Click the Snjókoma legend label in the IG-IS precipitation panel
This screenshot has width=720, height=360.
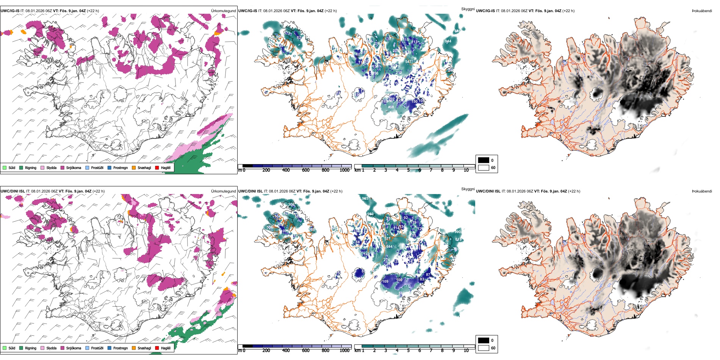(74, 168)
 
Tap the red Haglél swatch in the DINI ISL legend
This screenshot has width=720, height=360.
(157, 348)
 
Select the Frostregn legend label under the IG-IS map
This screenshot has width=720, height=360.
(120, 168)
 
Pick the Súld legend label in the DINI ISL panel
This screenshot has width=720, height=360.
(12, 348)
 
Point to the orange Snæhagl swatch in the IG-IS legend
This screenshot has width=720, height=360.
(134, 168)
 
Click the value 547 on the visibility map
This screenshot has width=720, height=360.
(408, 62)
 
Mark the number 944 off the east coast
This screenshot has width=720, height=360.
(448, 41)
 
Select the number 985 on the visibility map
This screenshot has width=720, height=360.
(365, 199)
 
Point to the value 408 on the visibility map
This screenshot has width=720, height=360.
(391, 107)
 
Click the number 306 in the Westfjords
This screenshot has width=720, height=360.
(291, 205)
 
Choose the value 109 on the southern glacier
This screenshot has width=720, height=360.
(385, 282)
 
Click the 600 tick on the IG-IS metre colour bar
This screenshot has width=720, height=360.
(306, 170)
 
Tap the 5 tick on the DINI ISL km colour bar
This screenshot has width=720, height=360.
(408, 351)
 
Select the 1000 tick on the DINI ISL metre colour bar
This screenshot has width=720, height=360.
(344, 351)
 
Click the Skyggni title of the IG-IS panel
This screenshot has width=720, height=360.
(468, 9)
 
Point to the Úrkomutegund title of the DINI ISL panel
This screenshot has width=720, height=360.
(223, 191)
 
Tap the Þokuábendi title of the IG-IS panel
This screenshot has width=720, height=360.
(702, 11)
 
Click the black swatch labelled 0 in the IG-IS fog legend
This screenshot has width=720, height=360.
(484, 160)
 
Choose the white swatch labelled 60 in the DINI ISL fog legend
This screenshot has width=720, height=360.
(484, 348)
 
